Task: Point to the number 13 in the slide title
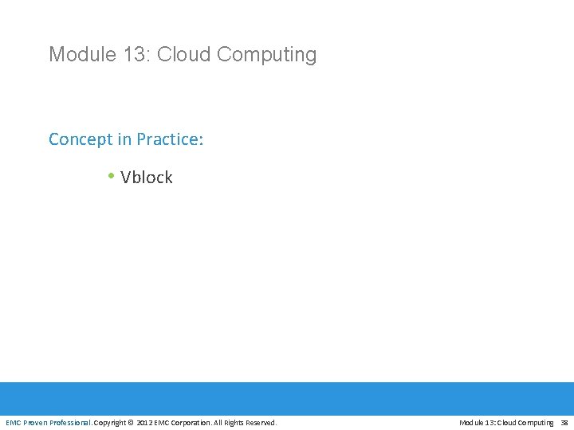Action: (133, 54)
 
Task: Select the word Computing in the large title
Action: (266, 55)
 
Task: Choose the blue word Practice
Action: (169, 139)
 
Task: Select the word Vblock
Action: (147, 177)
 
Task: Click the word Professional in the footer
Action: (71, 422)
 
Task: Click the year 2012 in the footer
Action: (144, 422)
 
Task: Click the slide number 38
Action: (564, 422)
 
